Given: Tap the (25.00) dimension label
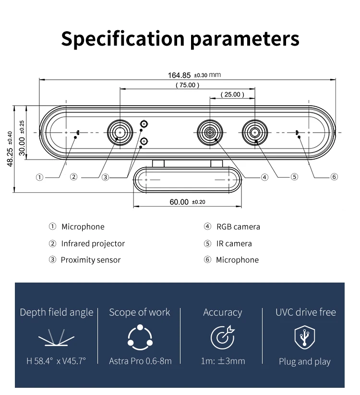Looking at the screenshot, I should click(x=232, y=95).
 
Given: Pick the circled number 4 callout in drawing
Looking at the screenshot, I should click(x=264, y=177).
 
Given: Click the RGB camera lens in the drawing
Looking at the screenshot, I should click(x=210, y=132).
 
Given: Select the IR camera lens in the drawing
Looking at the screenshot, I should click(x=254, y=132).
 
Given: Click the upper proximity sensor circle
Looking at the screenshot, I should click(x=144, y=124).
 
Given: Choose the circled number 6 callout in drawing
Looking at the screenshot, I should click(x=334, y=177).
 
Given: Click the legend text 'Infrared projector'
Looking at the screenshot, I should click(x=93, y=244).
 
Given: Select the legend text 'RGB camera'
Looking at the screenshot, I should click(x=238, y=227).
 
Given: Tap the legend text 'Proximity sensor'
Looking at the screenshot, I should click(x=90, y=260).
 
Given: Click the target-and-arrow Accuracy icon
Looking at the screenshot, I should click(x=222, y=337).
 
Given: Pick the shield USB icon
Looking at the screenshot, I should click(x=305, y=337).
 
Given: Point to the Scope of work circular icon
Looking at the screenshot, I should click(x=139, y=337).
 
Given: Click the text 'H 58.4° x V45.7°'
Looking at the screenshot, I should click(x=56, y=361).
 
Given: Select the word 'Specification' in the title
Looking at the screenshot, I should click(x=122, y=38).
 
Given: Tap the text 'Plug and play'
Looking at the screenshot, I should click(x=305, y=361).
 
